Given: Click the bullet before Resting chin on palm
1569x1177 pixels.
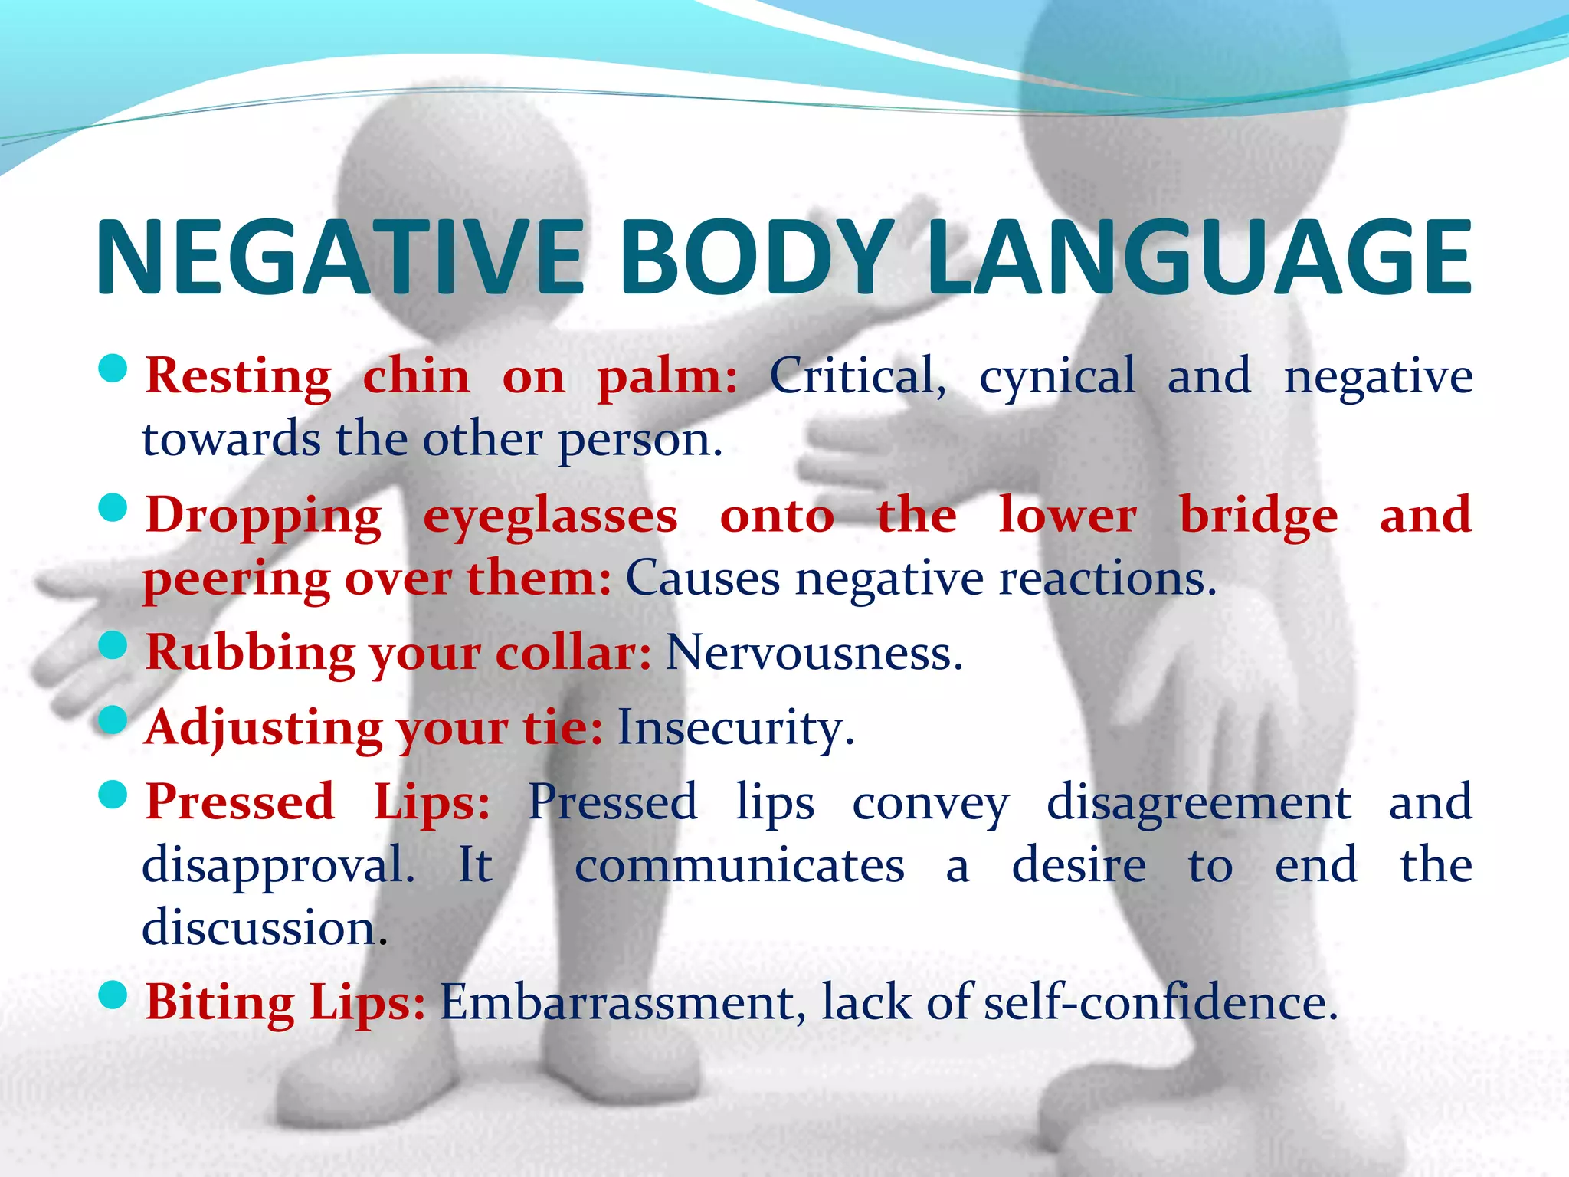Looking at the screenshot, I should pos(113,369).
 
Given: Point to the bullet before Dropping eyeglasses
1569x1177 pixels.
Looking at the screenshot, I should pos(113,507).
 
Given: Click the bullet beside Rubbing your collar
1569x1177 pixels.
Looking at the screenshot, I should pos(113,645).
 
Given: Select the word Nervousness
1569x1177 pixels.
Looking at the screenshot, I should pos(814,653).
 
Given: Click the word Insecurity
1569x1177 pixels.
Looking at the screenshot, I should pos(735,727).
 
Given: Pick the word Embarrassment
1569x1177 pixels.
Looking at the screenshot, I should pos(622,1002).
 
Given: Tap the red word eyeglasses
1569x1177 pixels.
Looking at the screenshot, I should pos(550,516).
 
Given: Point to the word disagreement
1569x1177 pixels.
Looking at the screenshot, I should pos(1199,803).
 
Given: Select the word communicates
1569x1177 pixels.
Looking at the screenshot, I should pos(739,866).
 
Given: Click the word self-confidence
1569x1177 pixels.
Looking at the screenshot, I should pos(1161,1002).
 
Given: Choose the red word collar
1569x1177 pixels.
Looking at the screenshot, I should pos(573,653).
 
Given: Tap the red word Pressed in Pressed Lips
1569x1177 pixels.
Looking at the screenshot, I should pos(240,802).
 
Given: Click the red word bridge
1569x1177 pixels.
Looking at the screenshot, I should pos(1259,515).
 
